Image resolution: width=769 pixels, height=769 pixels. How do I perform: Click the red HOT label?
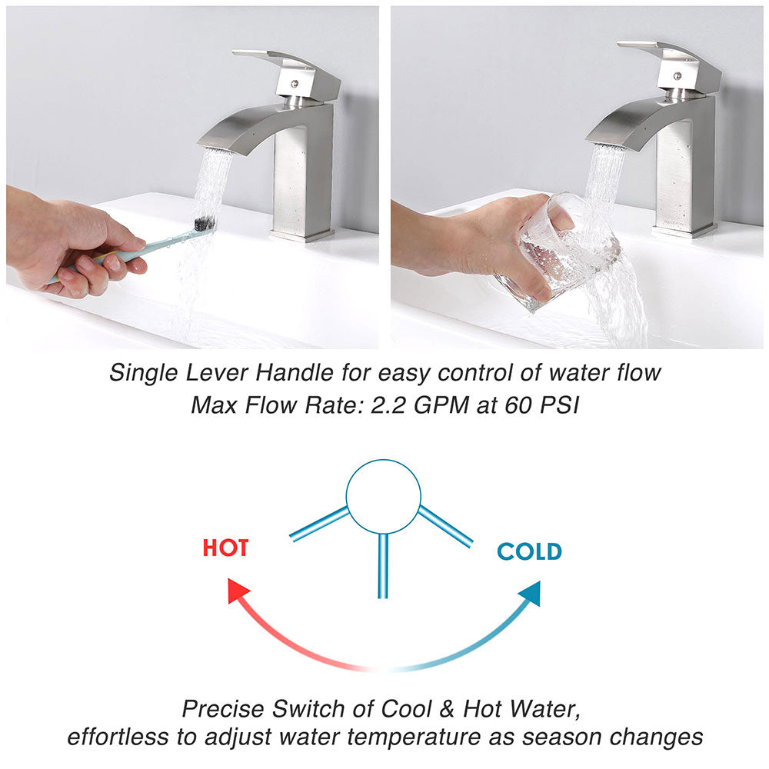pos(225,548)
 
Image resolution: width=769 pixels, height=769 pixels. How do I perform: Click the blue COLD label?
pos(529,551)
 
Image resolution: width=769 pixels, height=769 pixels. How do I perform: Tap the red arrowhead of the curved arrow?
pos(238,590)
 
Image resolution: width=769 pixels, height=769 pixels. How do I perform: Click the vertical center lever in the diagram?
pos(383,566)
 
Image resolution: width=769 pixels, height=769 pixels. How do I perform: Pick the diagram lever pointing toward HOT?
pos(319,524)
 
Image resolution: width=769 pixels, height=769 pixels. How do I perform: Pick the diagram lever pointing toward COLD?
pos(445,526)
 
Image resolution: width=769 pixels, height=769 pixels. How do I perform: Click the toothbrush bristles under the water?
pos(205,224)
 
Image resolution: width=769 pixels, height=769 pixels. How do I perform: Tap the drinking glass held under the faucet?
pos(557,252)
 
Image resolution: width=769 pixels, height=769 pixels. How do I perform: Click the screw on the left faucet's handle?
pos(295,84)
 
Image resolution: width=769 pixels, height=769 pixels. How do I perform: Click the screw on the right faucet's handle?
pos(677,76)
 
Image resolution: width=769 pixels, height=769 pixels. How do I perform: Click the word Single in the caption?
pos(143,373)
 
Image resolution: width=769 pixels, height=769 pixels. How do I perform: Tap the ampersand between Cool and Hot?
pos(446,709)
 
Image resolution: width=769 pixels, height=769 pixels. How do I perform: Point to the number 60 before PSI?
pos(518,405)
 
